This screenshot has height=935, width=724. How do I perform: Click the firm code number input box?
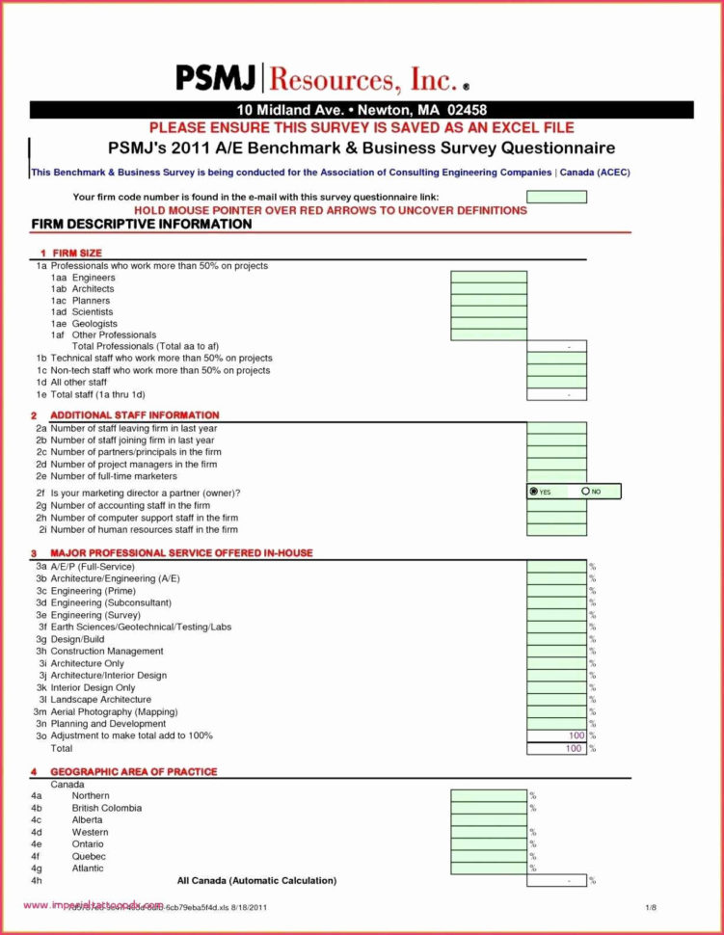pyautogui.click(x=556, y=197)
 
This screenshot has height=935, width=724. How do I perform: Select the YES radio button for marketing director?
pyautogui.click(x=534, y=492)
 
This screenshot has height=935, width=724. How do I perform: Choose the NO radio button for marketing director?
pyautogui.click(x=585, y=492)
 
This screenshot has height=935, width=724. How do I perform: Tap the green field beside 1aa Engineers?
pyautogui.click(x=489, y=278)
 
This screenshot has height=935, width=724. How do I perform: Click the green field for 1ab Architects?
pyautogui.click(x=489, y=289)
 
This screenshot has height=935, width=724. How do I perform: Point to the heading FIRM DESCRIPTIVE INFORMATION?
pyautogui.click(x=142, y=225)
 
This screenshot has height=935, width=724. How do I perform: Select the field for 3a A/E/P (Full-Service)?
pyautogui.click(x=556, y=567)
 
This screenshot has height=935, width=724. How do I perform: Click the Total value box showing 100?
pyautogui.click(x=556, y=748)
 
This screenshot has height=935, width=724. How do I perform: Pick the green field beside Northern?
pyautogui.click(x=489, y=796)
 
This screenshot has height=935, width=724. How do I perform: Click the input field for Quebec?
pyautogui.click(x=489, y=856)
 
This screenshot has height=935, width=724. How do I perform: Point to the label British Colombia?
pyautogui.click(x=106, y=808)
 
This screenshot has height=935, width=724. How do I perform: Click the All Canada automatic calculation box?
pyautogui.click(x=556, y=880)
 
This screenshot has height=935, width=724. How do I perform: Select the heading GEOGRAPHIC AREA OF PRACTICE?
pyautogui.click(x=134, y=772)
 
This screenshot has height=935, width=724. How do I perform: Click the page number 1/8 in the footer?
pyautogui.click(x=651, y=908)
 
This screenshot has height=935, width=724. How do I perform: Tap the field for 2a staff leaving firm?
pyautogui.click(x=556, y=428)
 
